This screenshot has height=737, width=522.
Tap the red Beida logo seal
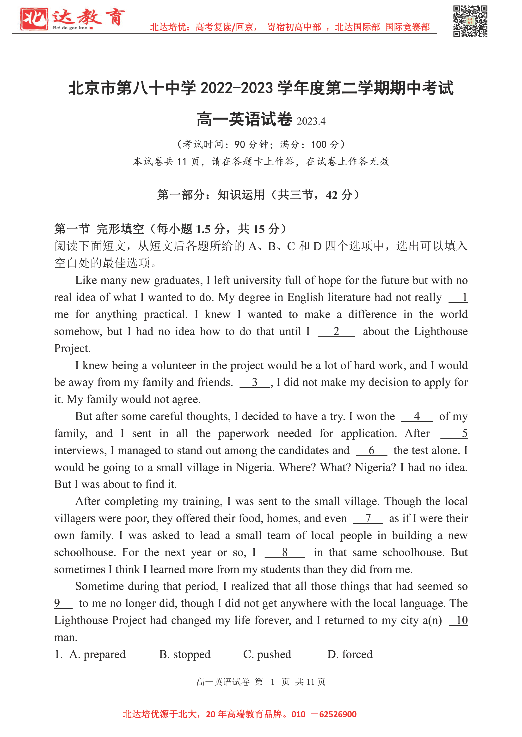tap(34, 19)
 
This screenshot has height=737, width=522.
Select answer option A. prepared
tap(97, 654)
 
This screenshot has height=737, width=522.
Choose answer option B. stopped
tap(184, 654)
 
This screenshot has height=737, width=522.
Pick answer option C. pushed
tap(267, 654)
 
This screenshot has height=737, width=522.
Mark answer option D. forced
tap(350, 654)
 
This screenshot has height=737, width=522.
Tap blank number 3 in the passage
tap(255, 382)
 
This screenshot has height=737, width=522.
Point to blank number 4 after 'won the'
tap(417, 416)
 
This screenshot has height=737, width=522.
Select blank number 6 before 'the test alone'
tap(372, 450)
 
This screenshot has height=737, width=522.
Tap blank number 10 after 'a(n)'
tap(461, 620)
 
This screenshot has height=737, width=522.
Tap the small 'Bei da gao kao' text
tap(70, 28)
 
